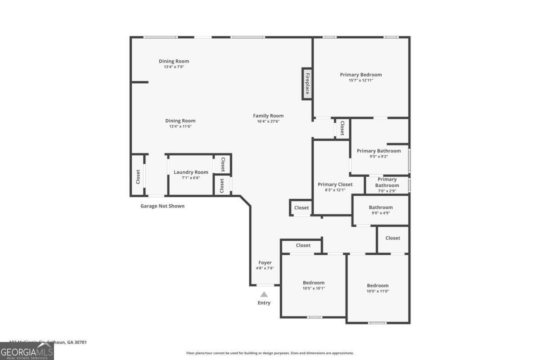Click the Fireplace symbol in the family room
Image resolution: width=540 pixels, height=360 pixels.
[x=307, y=83]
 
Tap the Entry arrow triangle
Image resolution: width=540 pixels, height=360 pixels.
[x=264, y=294]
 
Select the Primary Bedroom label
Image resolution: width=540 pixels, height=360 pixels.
[x=361, y=75]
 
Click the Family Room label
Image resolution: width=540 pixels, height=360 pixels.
[x=268, y=116]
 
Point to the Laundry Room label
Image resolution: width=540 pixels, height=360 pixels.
[x=191, y=172]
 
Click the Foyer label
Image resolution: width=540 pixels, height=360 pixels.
[x=265, y=263]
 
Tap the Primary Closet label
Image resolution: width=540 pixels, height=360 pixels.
[x=335, y=184]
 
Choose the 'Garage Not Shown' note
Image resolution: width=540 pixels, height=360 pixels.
[x=162, y=206]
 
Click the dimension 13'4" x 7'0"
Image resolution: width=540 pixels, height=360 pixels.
[x=174, y=67]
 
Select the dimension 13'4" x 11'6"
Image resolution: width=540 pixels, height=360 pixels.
[x=180, y=126]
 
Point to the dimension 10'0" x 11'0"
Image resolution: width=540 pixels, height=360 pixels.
[x=378, y=291]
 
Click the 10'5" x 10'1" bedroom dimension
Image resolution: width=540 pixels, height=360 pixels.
[x=314, y=288]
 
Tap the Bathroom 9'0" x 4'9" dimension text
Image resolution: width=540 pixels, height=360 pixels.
[x=381, y=213]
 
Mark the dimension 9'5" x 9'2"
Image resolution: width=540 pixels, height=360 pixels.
[x=378, y=157]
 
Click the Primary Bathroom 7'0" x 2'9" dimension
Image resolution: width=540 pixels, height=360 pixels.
[x=387, y=191]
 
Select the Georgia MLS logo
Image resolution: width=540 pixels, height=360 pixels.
[x=27, y=351]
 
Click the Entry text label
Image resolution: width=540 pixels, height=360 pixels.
[x=264, y=303]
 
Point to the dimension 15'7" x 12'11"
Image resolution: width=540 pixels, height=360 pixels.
[x=361, y=80]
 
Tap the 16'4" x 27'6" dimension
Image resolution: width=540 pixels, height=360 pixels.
[x=268, y=121]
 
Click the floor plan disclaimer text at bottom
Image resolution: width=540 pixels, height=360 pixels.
[x=270, y=353]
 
